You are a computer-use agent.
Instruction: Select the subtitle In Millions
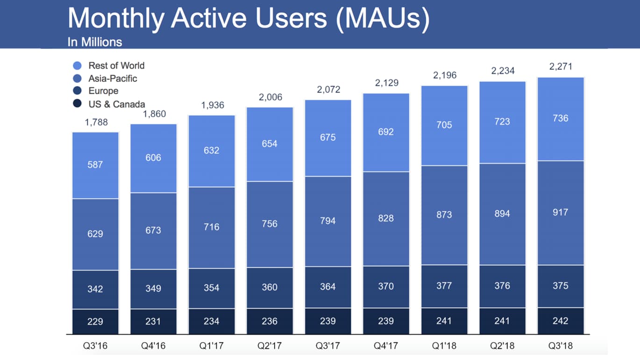tap(95, 42)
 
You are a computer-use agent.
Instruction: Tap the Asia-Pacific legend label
tap(113, 78)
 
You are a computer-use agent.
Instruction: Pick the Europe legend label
tap(103, 91)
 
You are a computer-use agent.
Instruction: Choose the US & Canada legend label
tap(116, 104)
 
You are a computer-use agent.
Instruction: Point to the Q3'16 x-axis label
tap(95, 346)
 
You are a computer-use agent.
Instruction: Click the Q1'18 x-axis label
tap(444, 346)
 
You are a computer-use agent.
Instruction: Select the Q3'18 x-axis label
tap(560, 346)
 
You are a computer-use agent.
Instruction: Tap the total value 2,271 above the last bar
tap(560, 66)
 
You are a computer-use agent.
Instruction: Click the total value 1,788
tap(96, 122)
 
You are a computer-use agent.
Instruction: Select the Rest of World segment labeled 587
tap(95, 165)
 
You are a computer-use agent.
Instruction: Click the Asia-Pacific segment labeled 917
tap(560, 212)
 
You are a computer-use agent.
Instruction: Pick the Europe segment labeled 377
tap(444, 285)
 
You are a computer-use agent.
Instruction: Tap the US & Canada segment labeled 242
tap(560, 321)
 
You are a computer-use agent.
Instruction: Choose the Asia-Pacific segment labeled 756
tap(270, 224)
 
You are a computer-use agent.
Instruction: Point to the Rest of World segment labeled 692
tap(386, 132)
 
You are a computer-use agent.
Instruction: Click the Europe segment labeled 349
tap(153, 289)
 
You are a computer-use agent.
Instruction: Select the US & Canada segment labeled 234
tap(212, 321)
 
